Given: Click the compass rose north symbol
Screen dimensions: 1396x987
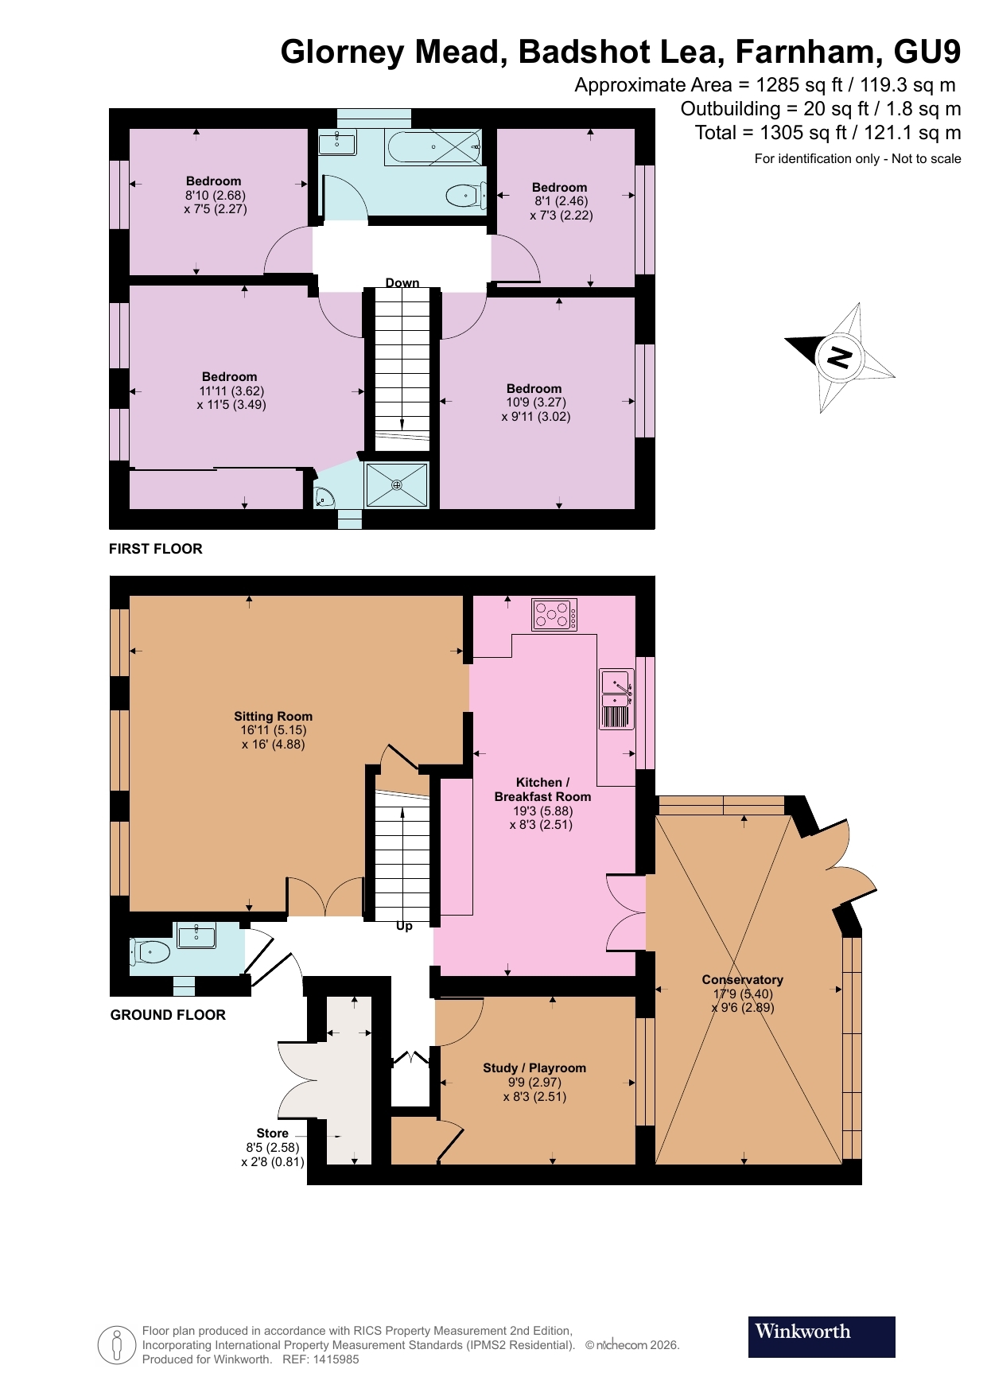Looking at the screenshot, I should click(x=840, y=357).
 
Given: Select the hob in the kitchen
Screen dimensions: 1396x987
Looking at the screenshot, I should click(x=554, y=614).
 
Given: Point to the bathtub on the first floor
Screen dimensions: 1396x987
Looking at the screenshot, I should click(x=433, y=148).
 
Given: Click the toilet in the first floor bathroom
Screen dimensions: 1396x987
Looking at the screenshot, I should click(x=466, y=194).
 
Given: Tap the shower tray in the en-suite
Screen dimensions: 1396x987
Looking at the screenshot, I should click(x=396, y=484).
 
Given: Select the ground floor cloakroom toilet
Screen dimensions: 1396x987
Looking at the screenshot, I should click(x=151, y=951).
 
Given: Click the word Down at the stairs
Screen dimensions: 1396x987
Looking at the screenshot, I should click(x=402, y=283).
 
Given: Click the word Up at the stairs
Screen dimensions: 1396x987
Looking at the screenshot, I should click(x=404, y=926).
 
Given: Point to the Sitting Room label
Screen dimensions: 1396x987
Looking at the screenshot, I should click(x=273, y=716).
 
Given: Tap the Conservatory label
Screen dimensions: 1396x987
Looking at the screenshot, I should click(x=742, y=979).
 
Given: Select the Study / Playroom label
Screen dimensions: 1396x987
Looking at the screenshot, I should click(x=534, y=1067).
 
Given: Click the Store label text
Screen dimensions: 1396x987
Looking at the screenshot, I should click(x=272, y=1133).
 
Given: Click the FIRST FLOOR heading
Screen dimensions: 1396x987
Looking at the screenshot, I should click(x=156, y=549).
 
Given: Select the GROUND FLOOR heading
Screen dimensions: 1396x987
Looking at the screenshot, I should click(x=168, y=1015).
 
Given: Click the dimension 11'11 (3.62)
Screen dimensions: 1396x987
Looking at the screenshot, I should click(x=231, y=391).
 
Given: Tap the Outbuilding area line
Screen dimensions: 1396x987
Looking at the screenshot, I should click(x=820, y=109).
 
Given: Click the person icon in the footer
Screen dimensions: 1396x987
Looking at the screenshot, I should click(x=117, y=1345).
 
